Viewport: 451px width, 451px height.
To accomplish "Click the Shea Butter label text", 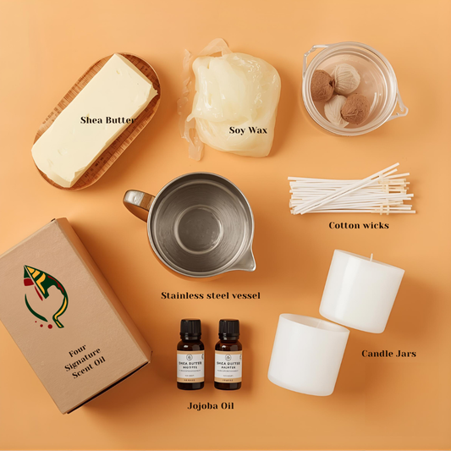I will pyautogui.click(x=107, y=120).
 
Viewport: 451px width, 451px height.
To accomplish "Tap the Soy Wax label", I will pyautogui.click(x=248, y=129).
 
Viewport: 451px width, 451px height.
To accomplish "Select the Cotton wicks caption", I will pyautogui.click(x=359, y=225).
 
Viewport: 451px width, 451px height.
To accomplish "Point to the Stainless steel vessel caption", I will pyautogui.click(x=211, y=295).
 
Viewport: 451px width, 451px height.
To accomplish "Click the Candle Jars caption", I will pyautogui.click(x=388, y=354).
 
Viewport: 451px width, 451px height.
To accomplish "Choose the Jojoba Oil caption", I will pyautogui.click(x=211, y=406).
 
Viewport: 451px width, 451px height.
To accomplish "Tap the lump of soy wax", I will pyautogui.click(x=233, y=93).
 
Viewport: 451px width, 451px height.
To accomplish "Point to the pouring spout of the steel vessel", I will pyautogui.click(x=246, y=264).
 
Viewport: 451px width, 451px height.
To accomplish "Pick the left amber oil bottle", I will pyautogui.click(x=190, y=355).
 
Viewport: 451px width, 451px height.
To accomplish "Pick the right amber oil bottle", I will pyautogui.click(x=228, y=355).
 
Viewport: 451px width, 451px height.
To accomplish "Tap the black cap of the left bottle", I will pyautogui.click(x=190, y=327).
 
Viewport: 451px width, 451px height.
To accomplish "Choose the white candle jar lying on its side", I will pyautogui.click(x=307, y=353).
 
